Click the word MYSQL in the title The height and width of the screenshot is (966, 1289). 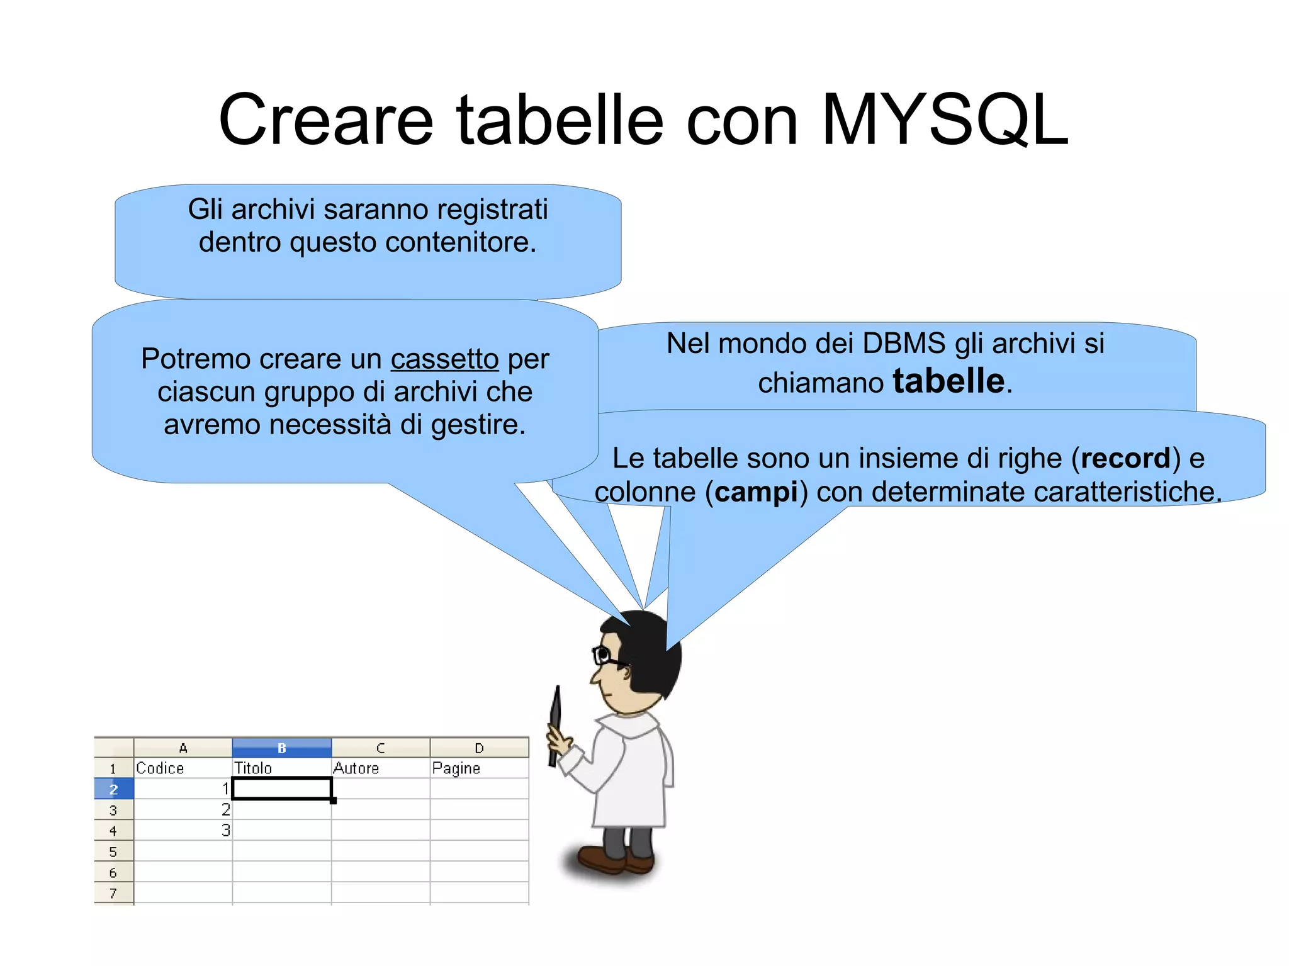click(x=944, y=120)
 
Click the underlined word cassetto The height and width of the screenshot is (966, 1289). click(x=444, y=359)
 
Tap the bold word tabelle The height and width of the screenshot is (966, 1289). click(x=948, y=381)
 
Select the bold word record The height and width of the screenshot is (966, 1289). click(x=1125, y=458)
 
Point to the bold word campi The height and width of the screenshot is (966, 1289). click(x=756, y=492)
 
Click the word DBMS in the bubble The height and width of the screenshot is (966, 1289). click(x=904, y=344)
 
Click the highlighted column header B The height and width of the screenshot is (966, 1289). click(x=281, y=748)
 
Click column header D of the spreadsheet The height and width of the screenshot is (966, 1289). click(x=479, y=748)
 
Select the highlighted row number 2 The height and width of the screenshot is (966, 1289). click(x=113, y=789)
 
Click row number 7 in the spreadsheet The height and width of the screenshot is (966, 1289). click(x=113, y=893)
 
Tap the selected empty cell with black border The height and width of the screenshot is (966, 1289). click(x=281, y=789)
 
